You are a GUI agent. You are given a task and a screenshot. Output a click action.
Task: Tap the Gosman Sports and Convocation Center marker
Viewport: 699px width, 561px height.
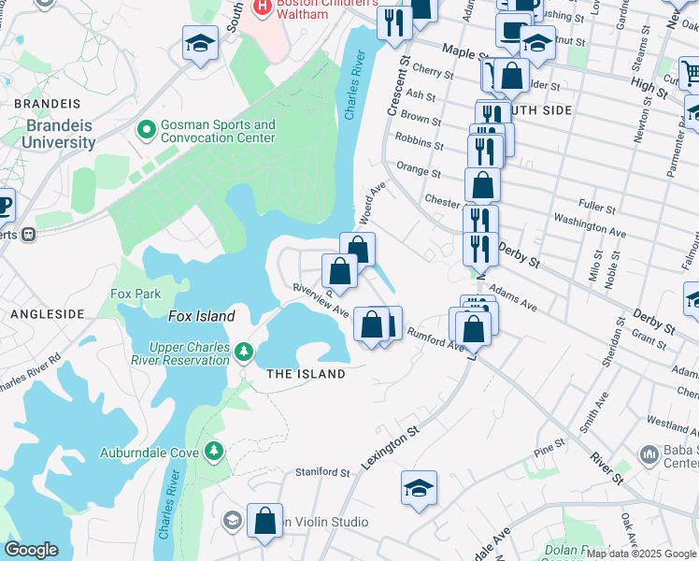145,128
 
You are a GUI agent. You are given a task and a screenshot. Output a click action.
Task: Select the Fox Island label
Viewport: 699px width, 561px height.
201,316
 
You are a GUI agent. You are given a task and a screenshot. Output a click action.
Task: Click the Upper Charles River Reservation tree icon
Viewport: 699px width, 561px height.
244,351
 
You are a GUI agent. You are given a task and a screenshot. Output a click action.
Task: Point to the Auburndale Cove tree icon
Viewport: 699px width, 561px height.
214,452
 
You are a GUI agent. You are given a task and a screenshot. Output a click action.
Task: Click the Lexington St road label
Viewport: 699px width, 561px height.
397,447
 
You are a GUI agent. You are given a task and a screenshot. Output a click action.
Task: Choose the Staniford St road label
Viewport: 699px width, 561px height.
322,472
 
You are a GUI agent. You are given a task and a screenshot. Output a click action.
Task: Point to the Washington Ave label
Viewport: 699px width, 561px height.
590,224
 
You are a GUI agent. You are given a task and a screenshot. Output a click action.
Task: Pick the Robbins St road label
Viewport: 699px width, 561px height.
419,142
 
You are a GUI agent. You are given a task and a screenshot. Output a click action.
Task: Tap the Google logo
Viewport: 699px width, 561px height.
31,549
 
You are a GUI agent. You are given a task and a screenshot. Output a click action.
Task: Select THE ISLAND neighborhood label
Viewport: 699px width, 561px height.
306,374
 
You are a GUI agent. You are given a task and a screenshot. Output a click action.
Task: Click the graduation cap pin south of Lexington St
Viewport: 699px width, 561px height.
419,486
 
